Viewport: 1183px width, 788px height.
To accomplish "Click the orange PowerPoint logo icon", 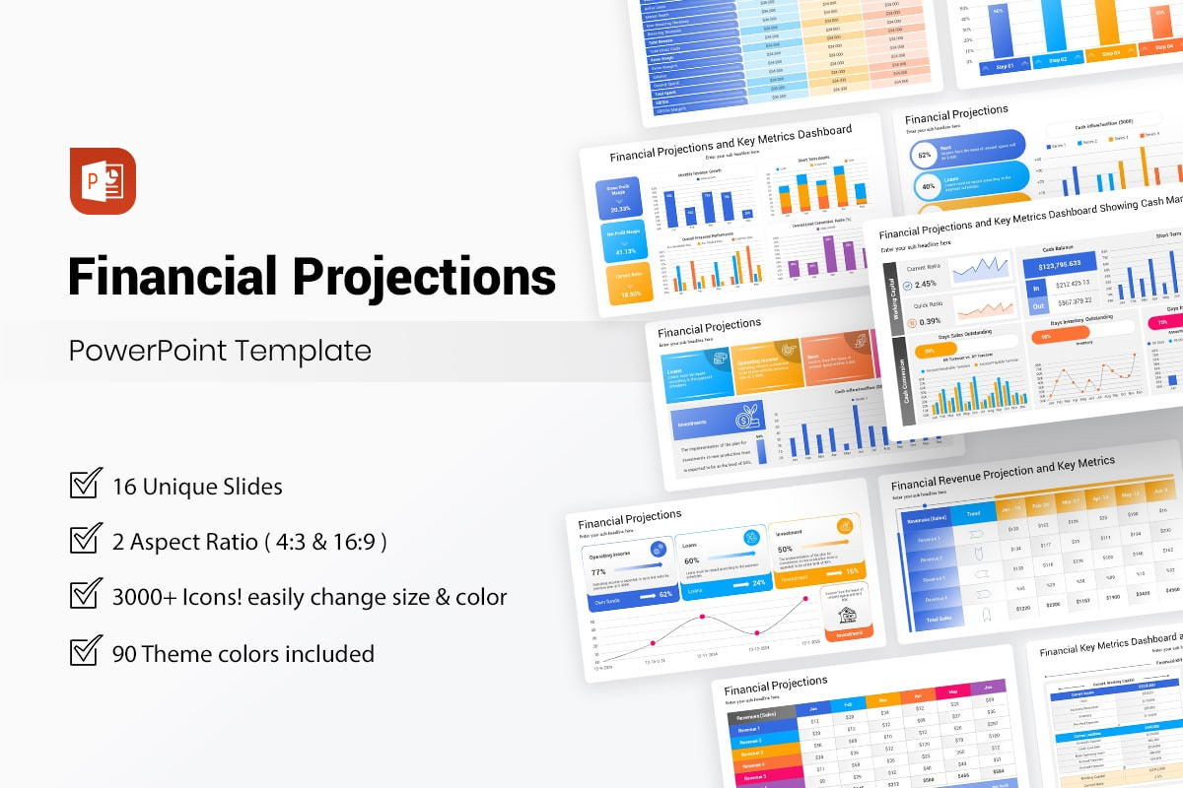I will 103,181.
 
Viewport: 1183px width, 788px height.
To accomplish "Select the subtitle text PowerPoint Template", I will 220,351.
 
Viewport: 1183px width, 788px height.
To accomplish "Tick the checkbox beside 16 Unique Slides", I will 86,486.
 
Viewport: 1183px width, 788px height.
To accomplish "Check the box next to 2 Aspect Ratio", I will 86,541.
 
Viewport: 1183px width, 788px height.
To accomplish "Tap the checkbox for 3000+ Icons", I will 86,596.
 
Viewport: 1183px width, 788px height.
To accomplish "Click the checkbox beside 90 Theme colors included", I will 86,652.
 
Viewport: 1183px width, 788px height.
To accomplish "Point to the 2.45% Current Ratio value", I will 927,284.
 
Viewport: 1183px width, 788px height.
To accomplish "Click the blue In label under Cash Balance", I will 1034,288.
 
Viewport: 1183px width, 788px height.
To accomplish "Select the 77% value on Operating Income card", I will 597,571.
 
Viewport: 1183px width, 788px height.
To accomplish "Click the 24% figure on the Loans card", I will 758,583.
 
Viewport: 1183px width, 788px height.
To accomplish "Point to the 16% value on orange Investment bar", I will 851,571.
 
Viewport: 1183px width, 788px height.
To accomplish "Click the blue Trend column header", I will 973,513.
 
